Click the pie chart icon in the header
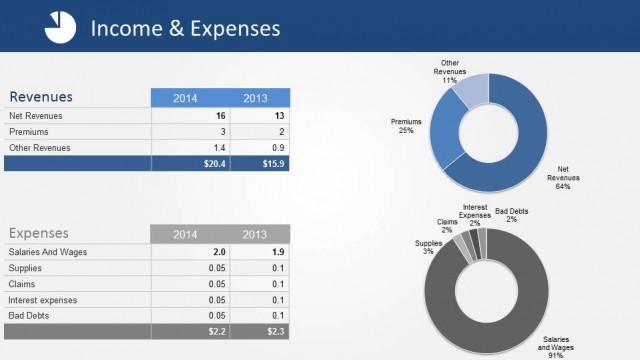60,28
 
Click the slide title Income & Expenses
185,28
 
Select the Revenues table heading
41,97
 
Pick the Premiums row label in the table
29,131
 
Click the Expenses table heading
40,233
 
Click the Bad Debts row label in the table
29,315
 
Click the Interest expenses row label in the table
43,300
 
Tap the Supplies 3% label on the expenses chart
427,246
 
